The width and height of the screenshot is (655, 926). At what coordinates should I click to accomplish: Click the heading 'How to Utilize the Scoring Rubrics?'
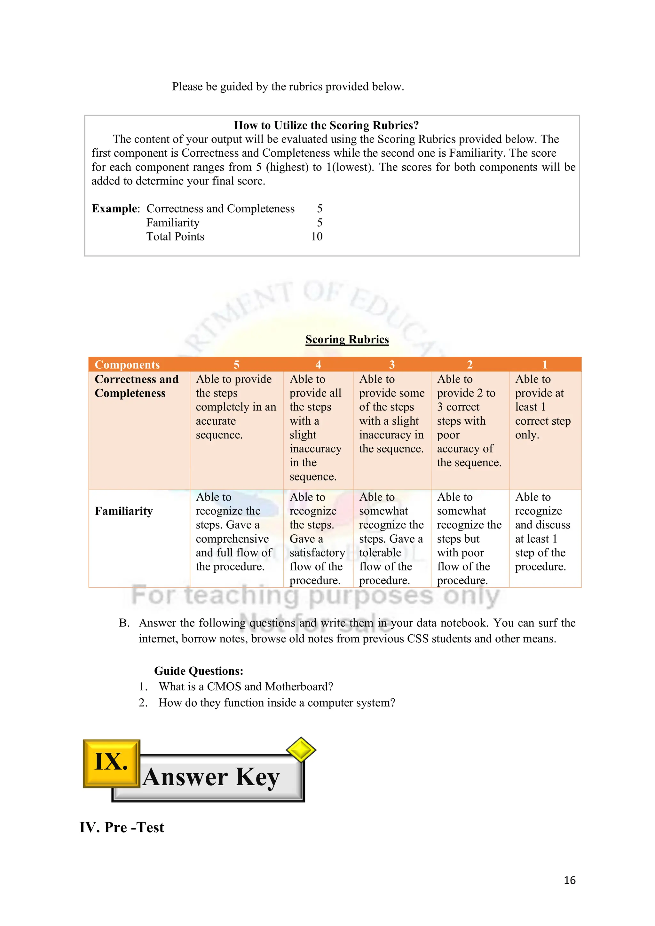[x=326, y=125]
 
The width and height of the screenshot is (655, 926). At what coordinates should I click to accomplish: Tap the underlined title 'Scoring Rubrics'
[x=347, y=340]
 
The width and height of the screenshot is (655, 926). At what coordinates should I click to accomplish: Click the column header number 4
[x=318, y=365]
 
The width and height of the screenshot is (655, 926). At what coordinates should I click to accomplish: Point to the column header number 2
[x=470, y=365]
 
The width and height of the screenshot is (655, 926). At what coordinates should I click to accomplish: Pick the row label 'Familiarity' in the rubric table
[x=124, y=511]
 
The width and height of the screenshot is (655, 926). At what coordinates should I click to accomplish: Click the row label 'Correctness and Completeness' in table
[x=136, y=386]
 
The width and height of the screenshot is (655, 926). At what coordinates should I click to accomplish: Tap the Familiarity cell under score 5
[x=234, y=531]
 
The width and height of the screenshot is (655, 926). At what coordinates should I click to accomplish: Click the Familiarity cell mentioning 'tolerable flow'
[x=391, y=538]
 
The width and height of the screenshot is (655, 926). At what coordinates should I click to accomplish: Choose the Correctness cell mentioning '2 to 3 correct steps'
[x=469, y=421]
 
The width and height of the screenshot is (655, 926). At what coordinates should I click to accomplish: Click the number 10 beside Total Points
[x=317, y=236]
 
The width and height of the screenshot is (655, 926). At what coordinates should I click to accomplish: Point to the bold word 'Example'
[x=114, y=208]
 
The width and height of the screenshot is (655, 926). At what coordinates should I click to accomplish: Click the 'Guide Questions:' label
[x=198, y=671]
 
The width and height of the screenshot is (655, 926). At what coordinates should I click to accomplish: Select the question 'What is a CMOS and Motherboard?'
[x=246, y=687]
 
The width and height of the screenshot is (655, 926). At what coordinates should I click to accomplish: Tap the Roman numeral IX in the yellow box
[x=111, y=761]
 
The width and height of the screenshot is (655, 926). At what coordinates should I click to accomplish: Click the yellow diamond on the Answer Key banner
[x=301, y=750]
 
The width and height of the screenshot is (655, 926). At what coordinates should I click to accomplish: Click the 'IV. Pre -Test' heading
[x=122, y=827]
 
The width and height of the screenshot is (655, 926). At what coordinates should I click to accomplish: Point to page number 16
[x=569, y=880]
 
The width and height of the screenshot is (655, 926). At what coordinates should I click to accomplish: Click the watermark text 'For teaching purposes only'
[x=315, y=596]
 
